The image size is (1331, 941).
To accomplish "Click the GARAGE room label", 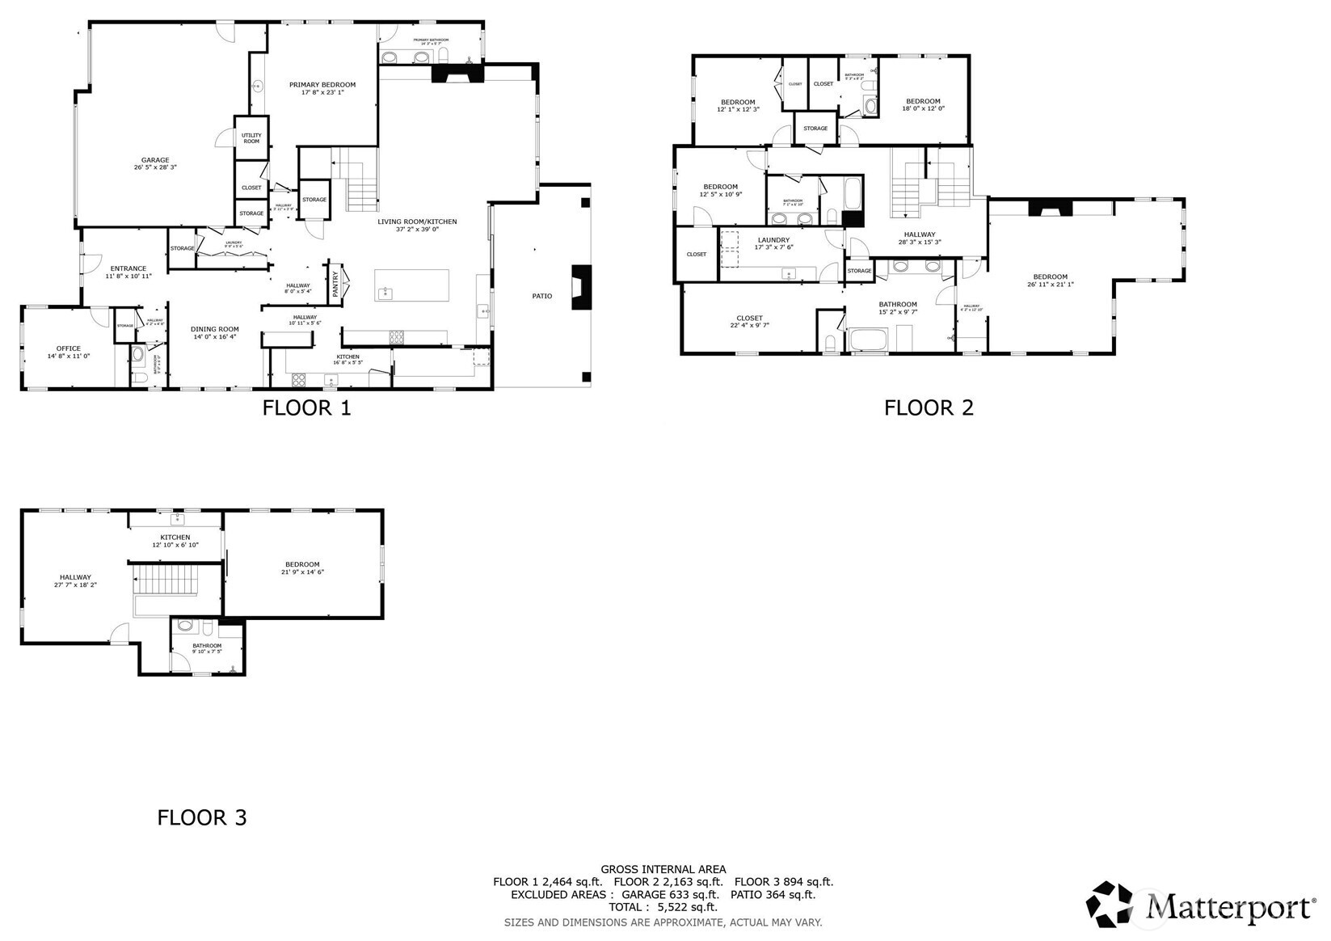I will point(155,160).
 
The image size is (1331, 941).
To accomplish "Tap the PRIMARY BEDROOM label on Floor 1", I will point(322,85).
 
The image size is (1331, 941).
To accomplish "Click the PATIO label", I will point(542,296).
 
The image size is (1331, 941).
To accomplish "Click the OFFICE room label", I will point(69,348).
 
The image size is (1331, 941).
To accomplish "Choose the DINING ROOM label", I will point(215,329).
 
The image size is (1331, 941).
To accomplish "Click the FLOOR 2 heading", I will point(929,407).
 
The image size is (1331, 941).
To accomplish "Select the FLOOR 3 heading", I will point(201,817).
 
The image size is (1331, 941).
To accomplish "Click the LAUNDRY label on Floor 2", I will point(773,240).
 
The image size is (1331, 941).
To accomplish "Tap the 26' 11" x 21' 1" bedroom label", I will point(1050,280).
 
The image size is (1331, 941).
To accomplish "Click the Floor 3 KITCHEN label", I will point(175,538).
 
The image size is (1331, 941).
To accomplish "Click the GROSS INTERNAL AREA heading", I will point(663,869).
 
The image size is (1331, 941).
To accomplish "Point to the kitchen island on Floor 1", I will point(411,285).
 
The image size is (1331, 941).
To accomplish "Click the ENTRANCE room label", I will point(128,268).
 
